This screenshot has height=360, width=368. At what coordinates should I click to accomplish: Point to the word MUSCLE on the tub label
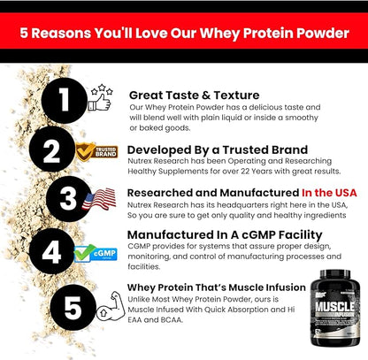[333, 312]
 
